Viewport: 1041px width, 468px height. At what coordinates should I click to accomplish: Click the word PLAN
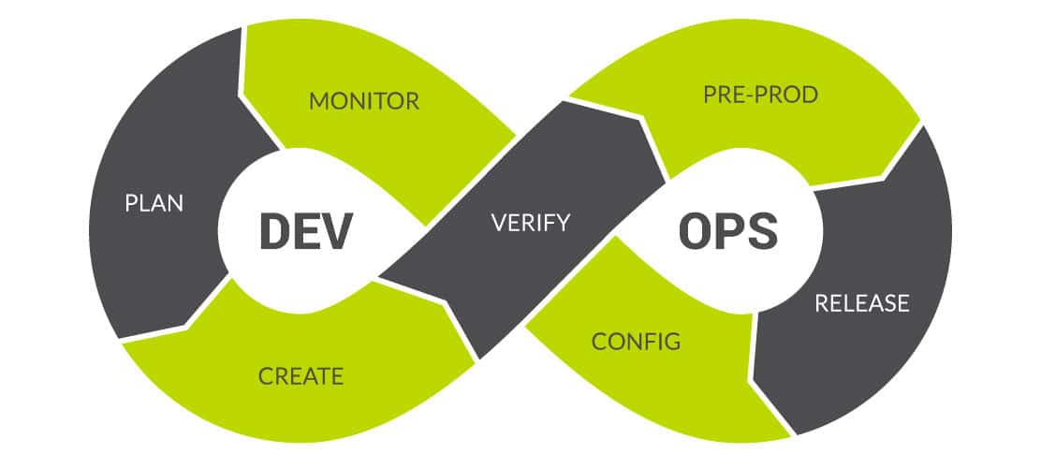(154, 203)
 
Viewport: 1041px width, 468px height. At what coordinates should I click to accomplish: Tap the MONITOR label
(364, 101)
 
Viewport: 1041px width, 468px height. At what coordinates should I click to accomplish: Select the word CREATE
(301, 376)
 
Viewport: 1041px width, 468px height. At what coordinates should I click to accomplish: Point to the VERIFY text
(531, 223)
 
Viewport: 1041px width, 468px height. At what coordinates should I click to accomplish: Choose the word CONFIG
(636, 341)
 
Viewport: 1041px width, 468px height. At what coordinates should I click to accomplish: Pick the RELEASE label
(861, 302)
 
